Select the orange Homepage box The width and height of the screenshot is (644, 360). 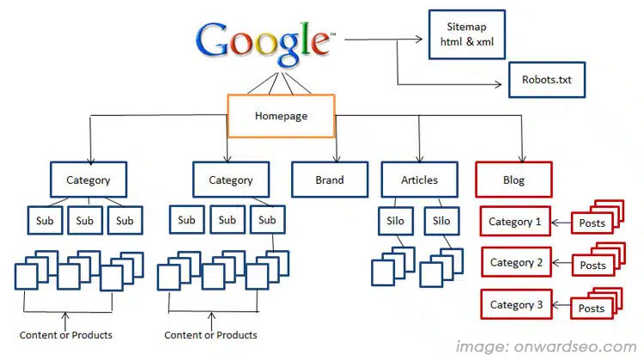pyautogui.click(x=280, y=114)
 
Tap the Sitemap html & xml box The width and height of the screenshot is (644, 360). pyautogui.click(x=465, y=34)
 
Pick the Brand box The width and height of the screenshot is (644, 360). pyautogui.click(x=329, y=180)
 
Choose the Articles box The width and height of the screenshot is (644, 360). pyautogui.click(x=419, y=180)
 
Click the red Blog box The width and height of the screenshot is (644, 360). pyautogui.click(x=513, y=180)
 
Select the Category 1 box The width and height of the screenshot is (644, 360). pyautogui.click(x=515, y=222)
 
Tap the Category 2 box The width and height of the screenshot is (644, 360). pyautogui.click(x=515, y=262)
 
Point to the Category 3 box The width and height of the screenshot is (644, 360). pyautogui.click(x=516, y=304)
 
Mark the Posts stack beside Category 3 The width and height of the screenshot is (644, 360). pyautogui.click(x=594, y=306)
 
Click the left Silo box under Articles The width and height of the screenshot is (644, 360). pyautogui.click(x=396, y=221)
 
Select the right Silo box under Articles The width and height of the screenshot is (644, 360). pyautogui.click(x=441, y=221)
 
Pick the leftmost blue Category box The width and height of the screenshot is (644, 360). pyautogui.click(x=88, y=180)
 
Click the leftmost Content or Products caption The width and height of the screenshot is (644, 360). pyautogui.click(x=66, y=334)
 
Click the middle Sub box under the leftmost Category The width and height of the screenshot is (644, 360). pyautogui.click(x=84, y=221)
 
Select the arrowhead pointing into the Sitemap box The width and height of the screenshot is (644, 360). pyautogui.click(x=423, y=39)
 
